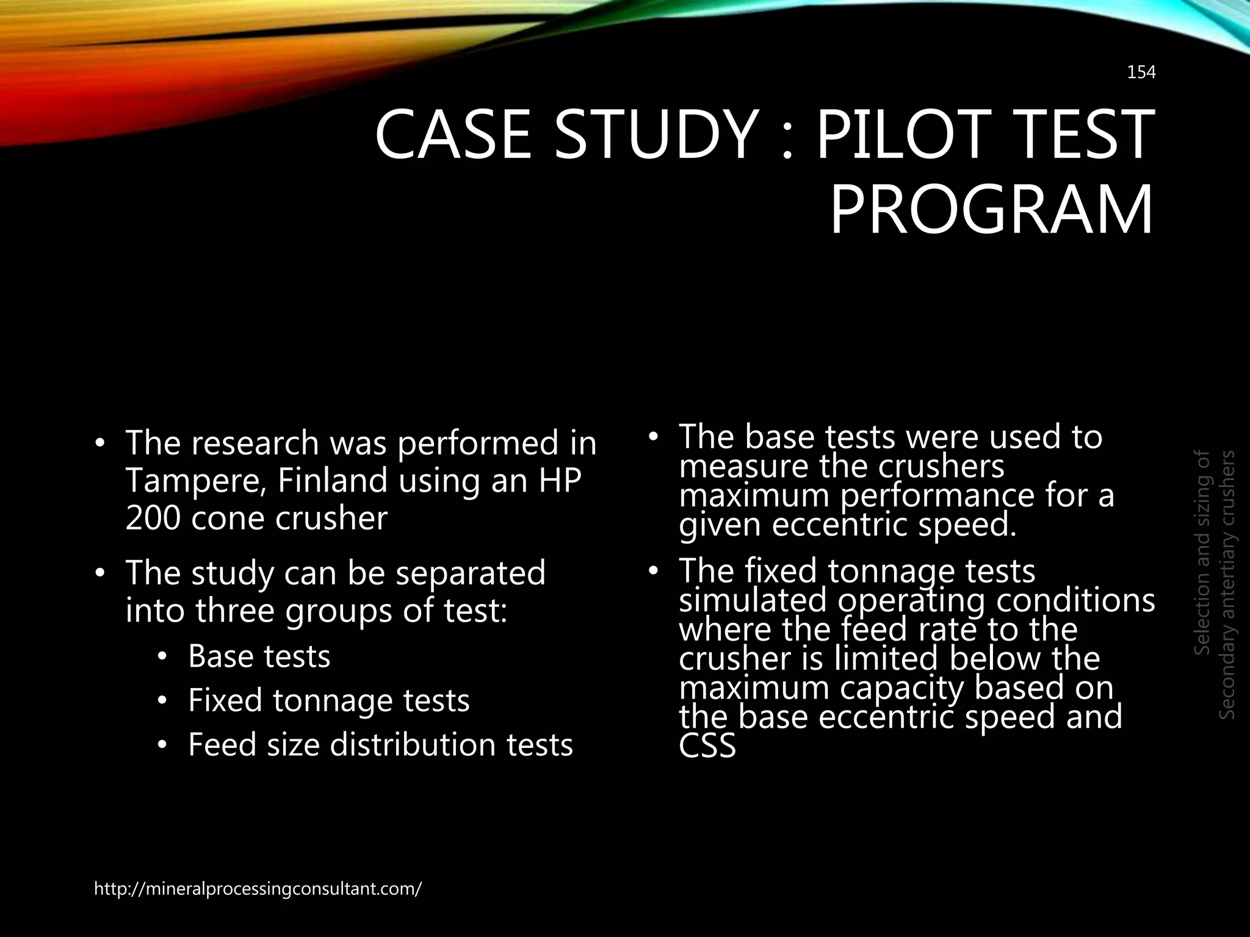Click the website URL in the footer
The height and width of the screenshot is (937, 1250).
click(x=258, y=888)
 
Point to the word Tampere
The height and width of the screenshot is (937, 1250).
click(x=195, y=481)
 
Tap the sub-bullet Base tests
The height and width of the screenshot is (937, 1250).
click(x=259, y=656)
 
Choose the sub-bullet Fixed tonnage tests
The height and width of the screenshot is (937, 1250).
click(x=328, y=700)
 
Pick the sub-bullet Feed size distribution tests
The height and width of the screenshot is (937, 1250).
click(x=380, y=745)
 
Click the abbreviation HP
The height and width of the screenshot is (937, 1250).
click(x=560, y=480)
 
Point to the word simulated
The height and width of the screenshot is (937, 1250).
click(x=753, y=600)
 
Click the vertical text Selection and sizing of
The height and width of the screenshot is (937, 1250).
click(x=1202, y=553)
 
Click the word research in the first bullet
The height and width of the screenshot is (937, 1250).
click(x=255, y=443)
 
